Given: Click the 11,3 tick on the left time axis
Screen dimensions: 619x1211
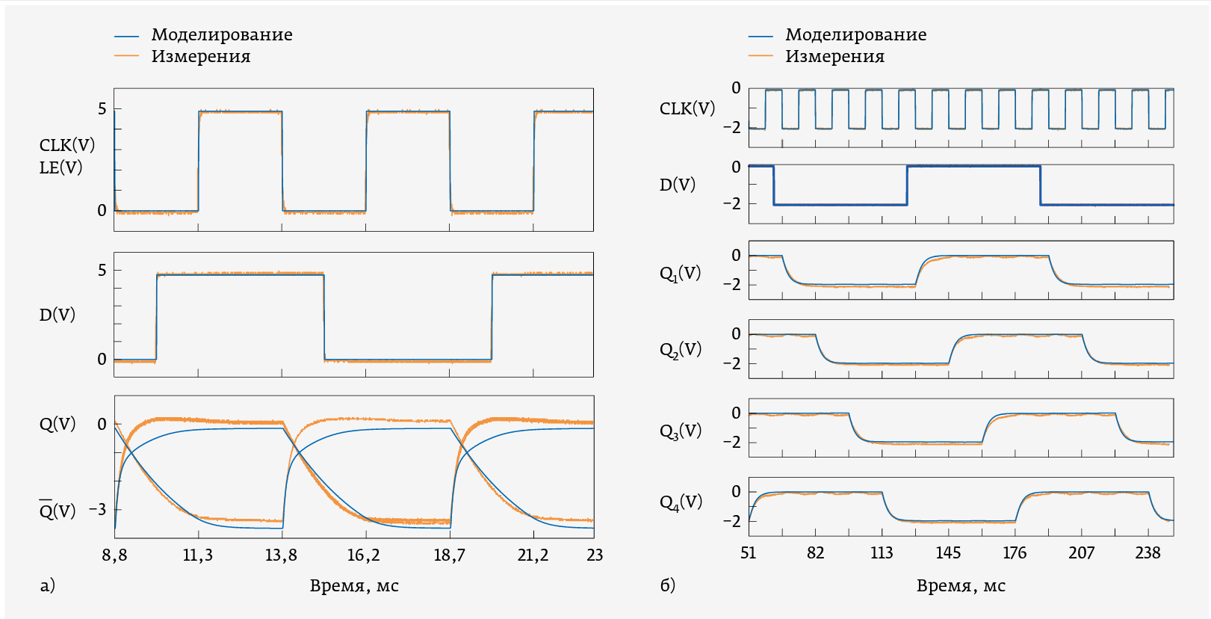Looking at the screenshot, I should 197,555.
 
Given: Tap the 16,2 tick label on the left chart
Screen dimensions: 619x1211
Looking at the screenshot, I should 364,555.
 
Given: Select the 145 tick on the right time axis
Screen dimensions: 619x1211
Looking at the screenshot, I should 948,553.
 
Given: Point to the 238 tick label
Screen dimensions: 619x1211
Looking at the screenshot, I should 1147,553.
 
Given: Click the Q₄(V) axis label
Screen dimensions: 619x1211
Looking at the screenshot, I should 681,502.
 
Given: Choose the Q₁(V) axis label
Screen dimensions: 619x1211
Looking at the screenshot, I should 680,274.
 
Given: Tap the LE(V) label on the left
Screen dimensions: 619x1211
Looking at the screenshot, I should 61,167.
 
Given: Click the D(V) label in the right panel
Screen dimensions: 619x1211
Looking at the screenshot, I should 677,185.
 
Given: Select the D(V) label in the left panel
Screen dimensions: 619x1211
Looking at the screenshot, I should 58,315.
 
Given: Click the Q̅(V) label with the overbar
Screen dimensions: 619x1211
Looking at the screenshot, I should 57,511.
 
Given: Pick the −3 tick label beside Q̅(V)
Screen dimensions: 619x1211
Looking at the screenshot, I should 97,510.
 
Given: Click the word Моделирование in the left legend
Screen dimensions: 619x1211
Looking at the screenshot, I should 222,35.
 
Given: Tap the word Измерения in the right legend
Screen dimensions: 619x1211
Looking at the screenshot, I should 834,57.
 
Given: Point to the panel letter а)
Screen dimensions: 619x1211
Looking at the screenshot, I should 48,585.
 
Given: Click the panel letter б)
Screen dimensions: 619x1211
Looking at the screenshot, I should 667,585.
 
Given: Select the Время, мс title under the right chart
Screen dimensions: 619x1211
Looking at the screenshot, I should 961,586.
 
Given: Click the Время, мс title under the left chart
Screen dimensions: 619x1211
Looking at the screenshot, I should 354,586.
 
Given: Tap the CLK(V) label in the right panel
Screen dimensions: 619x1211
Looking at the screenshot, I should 687,109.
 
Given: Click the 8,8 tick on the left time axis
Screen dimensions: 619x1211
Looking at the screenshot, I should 114,555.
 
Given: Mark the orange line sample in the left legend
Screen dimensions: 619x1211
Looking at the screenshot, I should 127,56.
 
